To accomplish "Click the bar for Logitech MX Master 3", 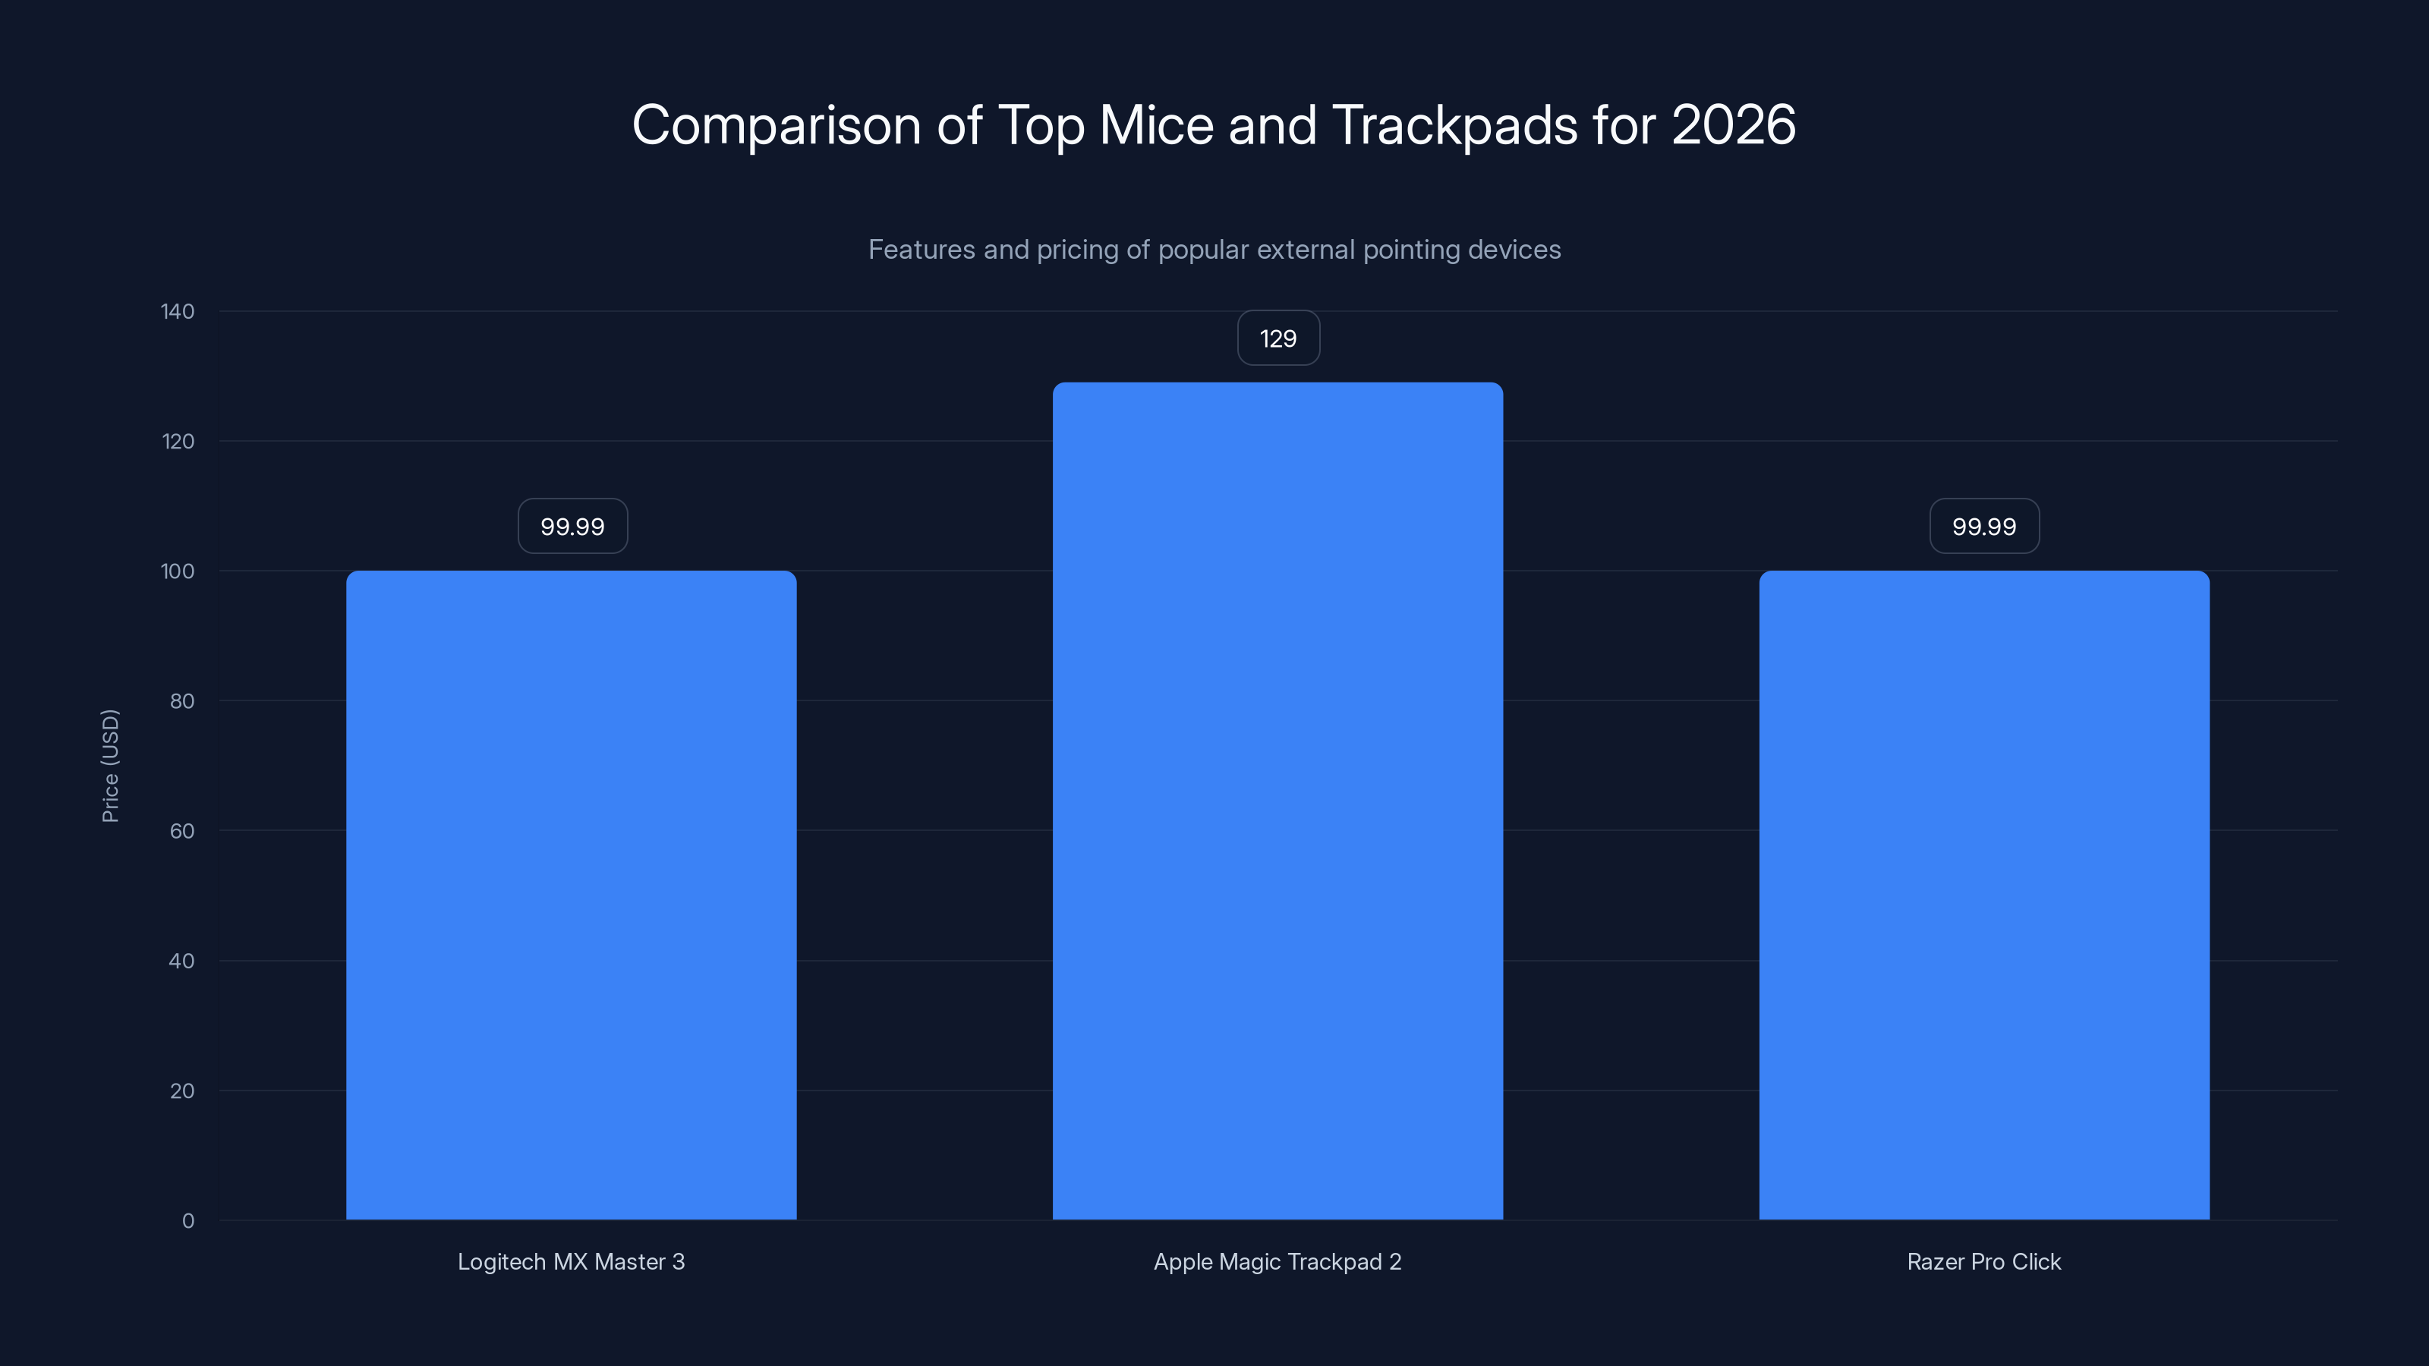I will pos(572,895).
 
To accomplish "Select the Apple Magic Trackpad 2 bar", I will pos(1278,801).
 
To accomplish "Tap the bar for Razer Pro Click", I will pos(1984,895).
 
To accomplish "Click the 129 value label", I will pos(1278,338).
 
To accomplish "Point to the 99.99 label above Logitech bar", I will pos(572,526).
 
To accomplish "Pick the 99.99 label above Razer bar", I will pos(1984,526).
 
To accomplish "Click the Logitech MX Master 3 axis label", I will pos(572,1261).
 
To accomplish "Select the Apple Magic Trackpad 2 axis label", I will pos(1278,1261).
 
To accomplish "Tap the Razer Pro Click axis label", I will pos(1984,1261).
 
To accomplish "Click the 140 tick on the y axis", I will pos(178,311).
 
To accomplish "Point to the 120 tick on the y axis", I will pos(178,441).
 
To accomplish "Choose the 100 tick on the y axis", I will pos(178,571).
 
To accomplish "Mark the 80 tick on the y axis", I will pos(182,701).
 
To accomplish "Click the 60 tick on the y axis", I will pos(182,830).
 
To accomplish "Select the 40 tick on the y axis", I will pos(182,961).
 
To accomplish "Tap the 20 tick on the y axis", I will pos(182,1091).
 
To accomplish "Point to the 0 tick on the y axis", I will pos(188,1221).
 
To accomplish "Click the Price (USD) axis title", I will pos(110,766).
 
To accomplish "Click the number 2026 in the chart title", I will pos(1733,124).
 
